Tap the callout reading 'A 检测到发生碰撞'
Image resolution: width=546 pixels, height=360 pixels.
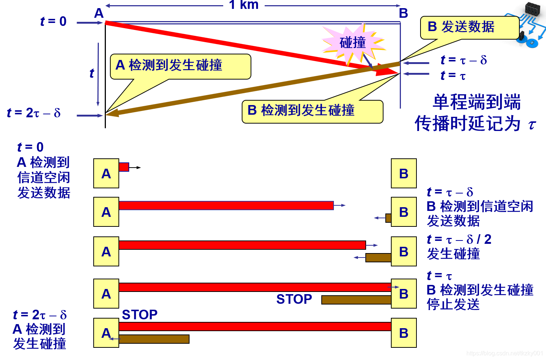[180, 66]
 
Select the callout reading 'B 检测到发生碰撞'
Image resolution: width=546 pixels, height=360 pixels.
[312, 111]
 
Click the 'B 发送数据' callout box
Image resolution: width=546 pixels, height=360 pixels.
[469, 27]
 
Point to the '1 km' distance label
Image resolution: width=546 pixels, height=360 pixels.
[244, 5]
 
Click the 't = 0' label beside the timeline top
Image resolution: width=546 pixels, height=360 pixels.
[53, 21]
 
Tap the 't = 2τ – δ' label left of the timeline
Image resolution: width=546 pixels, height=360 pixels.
[34, 113]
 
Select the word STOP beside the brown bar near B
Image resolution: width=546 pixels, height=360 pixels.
[294, 299]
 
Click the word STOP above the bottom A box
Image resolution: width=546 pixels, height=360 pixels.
[140, 314]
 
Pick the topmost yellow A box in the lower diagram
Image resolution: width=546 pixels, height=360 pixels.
[106, 174]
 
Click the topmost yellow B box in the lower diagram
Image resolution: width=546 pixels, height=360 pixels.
[404, 174]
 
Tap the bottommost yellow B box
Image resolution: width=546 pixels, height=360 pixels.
[404, 333]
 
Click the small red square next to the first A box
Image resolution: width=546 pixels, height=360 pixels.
[124, 167]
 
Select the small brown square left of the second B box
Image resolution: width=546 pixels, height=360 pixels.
[388, 218]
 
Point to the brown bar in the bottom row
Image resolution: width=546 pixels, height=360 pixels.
[154, 339]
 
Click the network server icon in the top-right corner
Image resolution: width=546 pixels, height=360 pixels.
[532, 24]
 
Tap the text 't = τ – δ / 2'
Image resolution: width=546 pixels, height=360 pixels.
[459, 239]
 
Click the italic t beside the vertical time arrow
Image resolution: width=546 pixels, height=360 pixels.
[92, 73]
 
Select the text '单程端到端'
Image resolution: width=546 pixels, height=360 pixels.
[477, 102]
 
